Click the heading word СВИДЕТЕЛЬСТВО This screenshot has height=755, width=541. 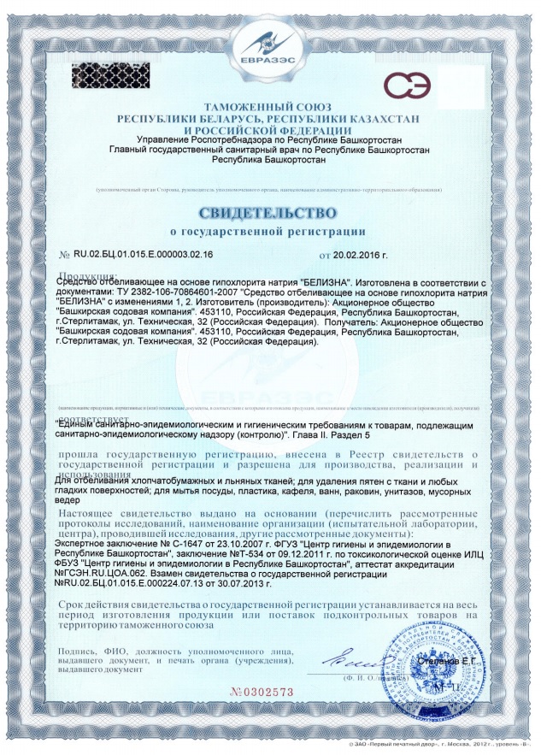pyautogui.click(x=270, y=211)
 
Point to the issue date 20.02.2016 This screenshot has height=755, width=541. pyautogui.click(x=358, y=255)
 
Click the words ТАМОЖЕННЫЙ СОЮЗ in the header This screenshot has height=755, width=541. pyautogui.click(x=269, y=106)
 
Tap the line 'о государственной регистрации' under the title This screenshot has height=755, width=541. pyautogui.click(x=270, y=231)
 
